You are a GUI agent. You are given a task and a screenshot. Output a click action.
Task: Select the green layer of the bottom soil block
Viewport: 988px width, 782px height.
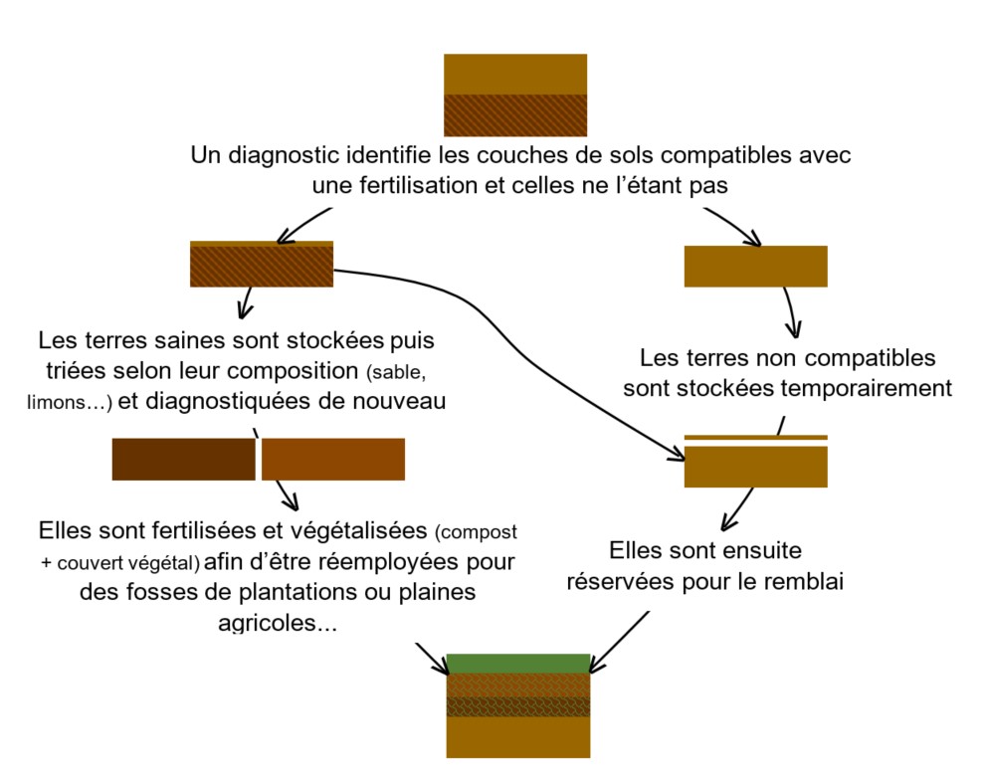518,664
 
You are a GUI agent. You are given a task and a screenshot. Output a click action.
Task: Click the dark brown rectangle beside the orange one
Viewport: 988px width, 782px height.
183,459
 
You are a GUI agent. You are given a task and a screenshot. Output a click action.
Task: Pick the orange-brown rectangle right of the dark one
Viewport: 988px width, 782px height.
333,459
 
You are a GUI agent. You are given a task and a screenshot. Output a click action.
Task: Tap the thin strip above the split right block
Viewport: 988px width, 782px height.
755,437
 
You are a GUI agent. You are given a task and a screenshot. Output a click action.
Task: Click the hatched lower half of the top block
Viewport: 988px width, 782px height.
514,114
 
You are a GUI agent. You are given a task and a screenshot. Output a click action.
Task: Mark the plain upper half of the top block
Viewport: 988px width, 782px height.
514,74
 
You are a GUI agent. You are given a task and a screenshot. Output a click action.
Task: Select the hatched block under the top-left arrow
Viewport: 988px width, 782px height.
261,266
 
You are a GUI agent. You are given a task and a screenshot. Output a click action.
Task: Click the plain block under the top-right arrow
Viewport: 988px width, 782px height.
755,266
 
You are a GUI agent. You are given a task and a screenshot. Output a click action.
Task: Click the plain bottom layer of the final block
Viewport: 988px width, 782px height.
518,737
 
